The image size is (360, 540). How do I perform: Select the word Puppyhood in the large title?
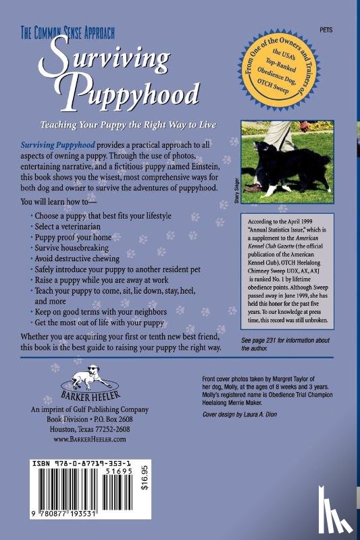(129, 94)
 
